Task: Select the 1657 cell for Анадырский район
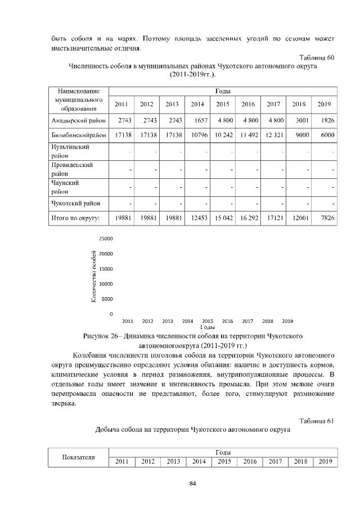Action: point(197,120)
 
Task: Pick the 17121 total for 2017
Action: point(273,218)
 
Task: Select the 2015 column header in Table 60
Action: point(223,104)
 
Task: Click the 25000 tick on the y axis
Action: point(106,239)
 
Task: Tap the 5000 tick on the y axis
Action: point(107,299)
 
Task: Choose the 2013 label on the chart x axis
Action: point(167,321)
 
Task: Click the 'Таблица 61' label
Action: point(317,421)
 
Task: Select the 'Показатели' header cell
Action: point(77,457)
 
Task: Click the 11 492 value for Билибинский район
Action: point(248,135)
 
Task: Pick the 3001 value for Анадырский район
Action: point(299,120)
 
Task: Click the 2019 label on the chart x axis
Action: point(287,321)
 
